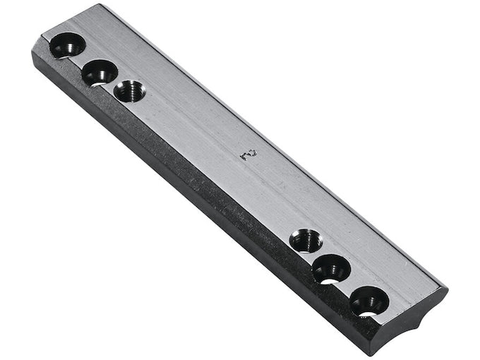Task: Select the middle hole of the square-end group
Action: click(100, 71)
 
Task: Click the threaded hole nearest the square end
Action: click(130, 91)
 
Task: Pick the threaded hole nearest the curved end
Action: click(306, 241)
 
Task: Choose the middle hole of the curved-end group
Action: click(331, 269)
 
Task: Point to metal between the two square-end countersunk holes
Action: click(84, 59)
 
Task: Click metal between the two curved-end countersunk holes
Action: click(350, 286)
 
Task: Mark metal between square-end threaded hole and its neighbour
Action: click(115, 82)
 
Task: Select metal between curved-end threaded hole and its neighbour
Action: click(318, 256)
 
